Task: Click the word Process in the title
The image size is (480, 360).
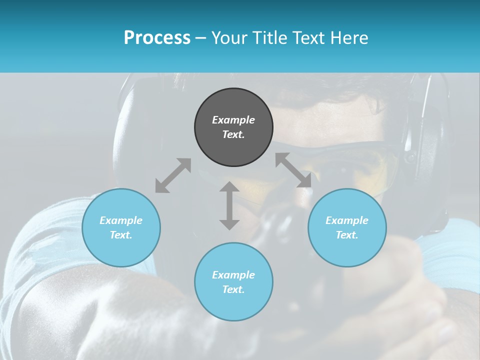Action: (157, 38)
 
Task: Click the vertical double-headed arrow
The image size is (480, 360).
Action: (229, 205)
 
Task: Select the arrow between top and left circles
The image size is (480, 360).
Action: (173, 175)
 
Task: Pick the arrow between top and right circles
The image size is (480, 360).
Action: (293, 170)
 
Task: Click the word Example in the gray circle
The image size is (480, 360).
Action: (233, 120)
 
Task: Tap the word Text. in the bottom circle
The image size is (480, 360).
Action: (233, 289)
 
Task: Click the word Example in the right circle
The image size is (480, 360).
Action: (347, 220)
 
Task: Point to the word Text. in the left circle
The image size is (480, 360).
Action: (121, 235)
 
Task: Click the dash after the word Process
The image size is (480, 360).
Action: (201, 38)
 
